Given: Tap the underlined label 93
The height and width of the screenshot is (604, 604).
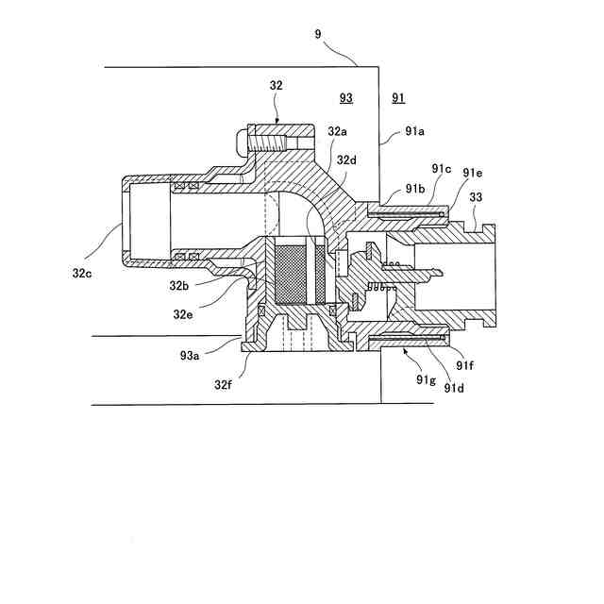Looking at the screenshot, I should pos(346,97).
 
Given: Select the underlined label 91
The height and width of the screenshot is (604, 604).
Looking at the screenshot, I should pos(398,97).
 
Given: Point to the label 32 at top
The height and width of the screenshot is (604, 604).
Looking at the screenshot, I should pos(277,85).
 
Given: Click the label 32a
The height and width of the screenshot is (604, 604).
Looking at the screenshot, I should pos(338,132).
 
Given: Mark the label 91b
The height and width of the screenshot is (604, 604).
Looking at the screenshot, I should pos(415,189).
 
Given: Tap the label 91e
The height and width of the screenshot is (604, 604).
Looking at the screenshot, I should pos(473,173).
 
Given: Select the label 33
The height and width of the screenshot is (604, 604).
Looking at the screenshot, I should pos(477,197).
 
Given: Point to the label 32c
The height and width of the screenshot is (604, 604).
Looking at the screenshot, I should pos(82,272).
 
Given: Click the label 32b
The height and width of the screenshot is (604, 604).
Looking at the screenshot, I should pos(180,284).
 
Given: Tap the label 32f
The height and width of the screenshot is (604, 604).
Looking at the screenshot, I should pos(224,384).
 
